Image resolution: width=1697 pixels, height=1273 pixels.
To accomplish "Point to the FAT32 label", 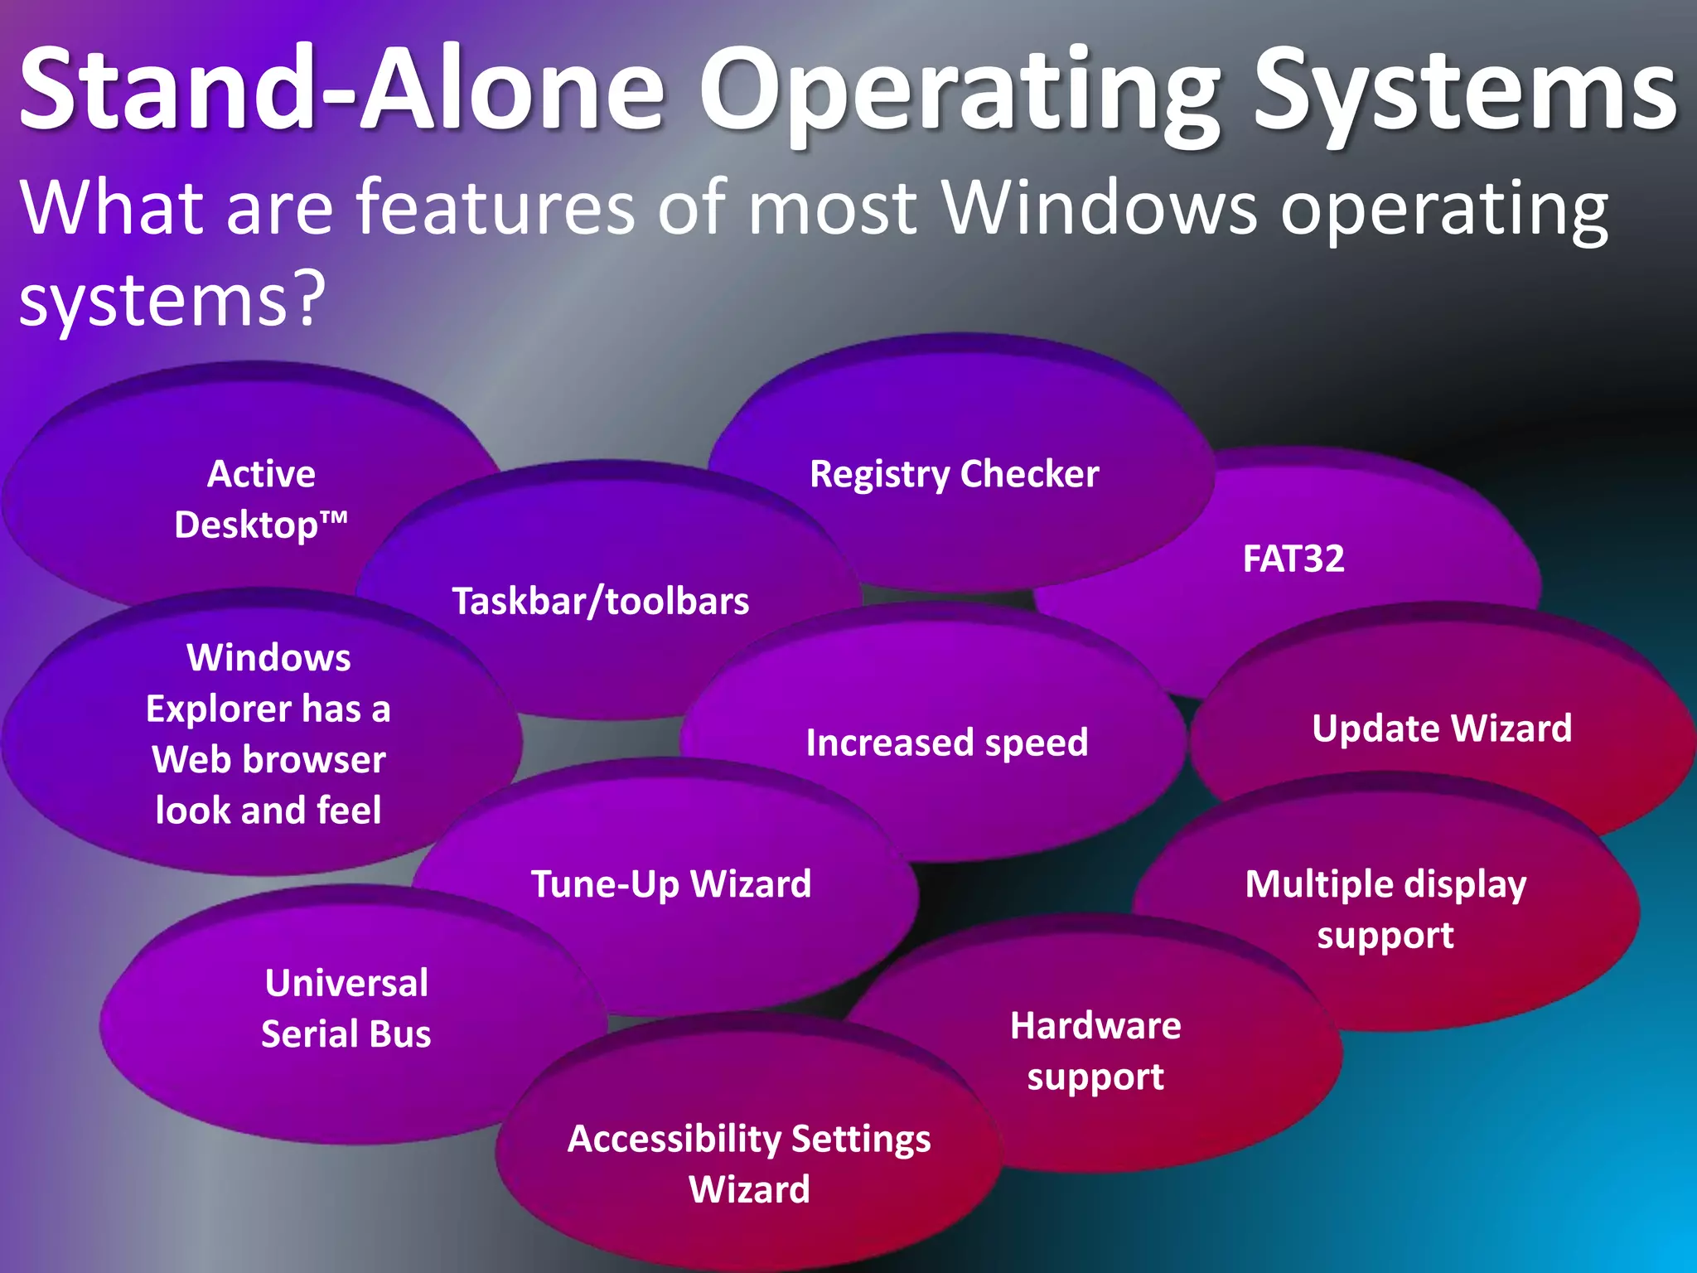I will coord(1293,559).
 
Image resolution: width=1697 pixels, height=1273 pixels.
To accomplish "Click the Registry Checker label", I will coord(954,475).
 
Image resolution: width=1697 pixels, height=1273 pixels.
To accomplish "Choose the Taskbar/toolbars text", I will coord(600,601).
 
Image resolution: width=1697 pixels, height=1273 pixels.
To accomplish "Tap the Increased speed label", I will coord(947,742).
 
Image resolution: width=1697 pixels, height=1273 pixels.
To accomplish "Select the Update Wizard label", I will coord(1442,728).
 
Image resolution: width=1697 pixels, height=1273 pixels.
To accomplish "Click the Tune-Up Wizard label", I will coord(671,883).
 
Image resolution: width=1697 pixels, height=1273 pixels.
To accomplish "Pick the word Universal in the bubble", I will coord(346,983).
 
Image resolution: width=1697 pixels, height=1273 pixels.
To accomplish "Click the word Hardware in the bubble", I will coord(1095,1026).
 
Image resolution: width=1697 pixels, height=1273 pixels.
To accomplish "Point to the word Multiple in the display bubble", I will coord(1310,884).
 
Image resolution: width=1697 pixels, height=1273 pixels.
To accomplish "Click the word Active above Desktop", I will coord(261,474).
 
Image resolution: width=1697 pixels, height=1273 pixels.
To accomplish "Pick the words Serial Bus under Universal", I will coord(346,1034).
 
